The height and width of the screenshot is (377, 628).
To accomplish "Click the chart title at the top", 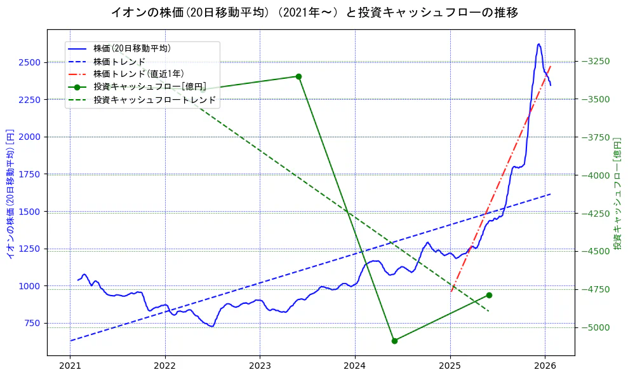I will pyautogui.click(x=314, y=12).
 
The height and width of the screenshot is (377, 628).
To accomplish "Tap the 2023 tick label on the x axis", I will pyautogui.click(x=260, y=366).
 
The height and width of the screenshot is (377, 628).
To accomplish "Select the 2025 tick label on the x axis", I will pyautogui.click(x=450, y=366).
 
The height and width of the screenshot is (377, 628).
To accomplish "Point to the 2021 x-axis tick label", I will pyautogui.click(x=70, y=366).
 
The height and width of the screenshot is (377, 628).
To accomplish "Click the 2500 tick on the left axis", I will pyautogui.click(x=29, y=62).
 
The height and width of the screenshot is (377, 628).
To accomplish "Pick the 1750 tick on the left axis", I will pyautogui.click(x=29, y=174).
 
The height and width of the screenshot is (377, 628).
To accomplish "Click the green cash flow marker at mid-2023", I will pyautogui.click(x=298, y=76).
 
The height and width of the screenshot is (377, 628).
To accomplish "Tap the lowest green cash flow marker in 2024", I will pyautogui.click(x=394, y=341).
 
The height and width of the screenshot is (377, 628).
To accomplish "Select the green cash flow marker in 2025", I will pyautogui.click(x=489, y=295).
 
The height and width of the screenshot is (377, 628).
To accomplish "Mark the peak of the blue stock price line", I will pyautogui.click(x=538, y=44).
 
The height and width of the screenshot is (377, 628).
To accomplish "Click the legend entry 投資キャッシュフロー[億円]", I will pyautogui.click(x=149, y=86).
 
